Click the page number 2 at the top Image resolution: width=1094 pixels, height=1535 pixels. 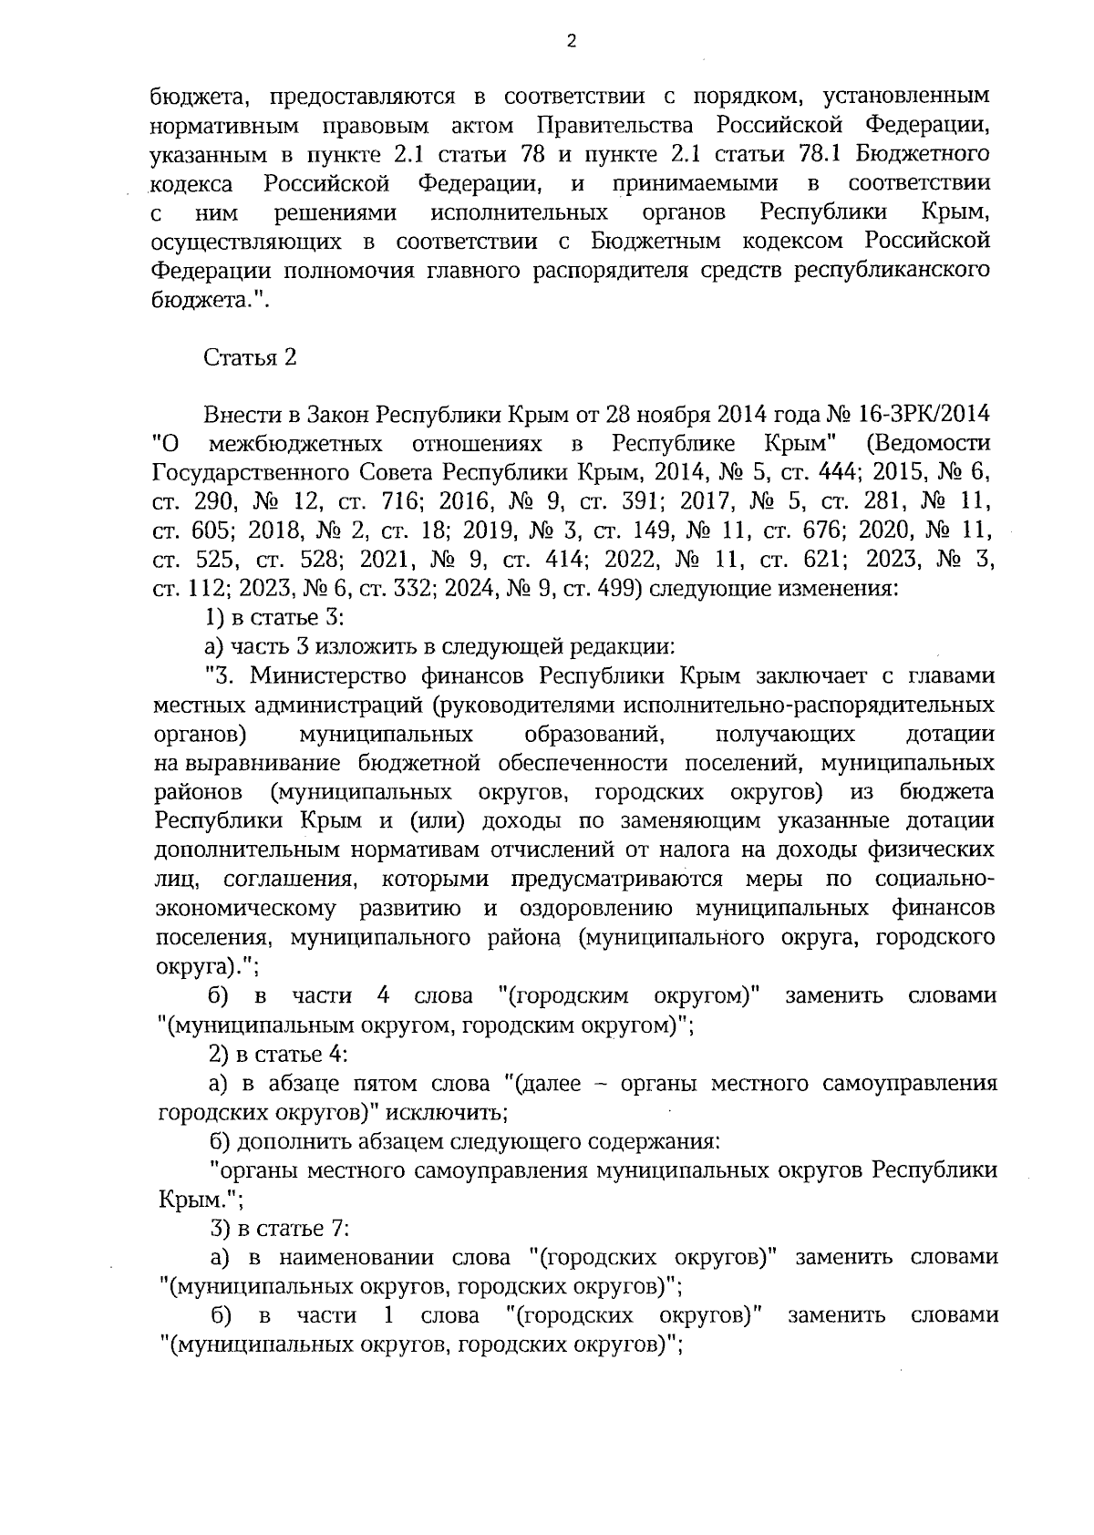click(571, 41)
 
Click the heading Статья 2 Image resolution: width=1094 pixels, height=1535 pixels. click(250, 357)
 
